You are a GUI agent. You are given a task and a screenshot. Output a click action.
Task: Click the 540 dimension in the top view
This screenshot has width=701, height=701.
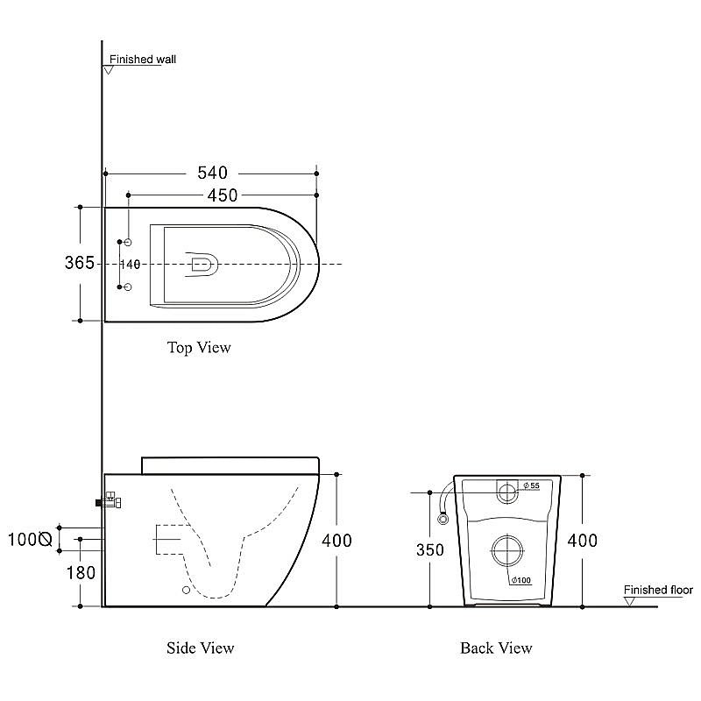click(x=212, y=173)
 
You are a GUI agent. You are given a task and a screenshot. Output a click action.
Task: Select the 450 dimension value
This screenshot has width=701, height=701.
click(x=223, y=195)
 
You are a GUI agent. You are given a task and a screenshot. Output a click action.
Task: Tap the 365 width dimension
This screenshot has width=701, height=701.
click(x=80, y=262)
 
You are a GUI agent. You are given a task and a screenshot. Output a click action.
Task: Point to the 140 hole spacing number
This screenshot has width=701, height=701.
click(x=130, y=265)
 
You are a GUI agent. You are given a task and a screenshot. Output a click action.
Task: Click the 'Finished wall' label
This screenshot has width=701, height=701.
click(x=143, y=59)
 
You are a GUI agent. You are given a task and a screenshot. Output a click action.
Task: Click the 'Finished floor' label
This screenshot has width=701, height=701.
click(x=658, y=590)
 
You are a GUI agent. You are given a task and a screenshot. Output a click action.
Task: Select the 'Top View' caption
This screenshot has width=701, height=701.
click(x=199, y=347)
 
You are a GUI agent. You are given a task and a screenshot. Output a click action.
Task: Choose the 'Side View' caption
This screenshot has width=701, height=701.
click(x=201, y=648)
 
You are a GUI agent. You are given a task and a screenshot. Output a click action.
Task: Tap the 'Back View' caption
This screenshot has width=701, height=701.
click(x=496, y=648)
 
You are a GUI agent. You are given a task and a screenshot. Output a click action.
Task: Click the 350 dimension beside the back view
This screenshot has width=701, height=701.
click(x=430, y=550)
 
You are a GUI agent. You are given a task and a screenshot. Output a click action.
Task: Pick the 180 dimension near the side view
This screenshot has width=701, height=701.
click(x=81, y=573)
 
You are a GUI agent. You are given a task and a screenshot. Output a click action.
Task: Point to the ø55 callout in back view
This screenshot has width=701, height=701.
click(x=532, y=485)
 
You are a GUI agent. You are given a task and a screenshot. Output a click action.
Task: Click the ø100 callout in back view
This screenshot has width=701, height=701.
click(x=520, y=580)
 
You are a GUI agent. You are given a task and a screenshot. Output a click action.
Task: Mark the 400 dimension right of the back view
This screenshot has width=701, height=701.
click(x=583, y=541)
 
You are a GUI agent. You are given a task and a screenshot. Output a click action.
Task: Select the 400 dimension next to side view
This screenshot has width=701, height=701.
click(x=336, y=541)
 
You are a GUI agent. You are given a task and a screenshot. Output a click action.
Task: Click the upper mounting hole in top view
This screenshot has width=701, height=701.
click(x=128, y=243)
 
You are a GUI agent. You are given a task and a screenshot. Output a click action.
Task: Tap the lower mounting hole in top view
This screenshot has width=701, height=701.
click(x=127, y=287)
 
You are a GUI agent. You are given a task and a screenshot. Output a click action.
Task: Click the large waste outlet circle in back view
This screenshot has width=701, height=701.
click(x=507, y=535)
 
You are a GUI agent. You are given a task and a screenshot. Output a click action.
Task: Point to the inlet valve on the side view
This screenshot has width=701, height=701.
click(x=109, y=499)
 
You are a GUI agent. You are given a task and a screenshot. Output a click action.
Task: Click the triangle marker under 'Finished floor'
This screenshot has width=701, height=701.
click(x=629, y=602)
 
